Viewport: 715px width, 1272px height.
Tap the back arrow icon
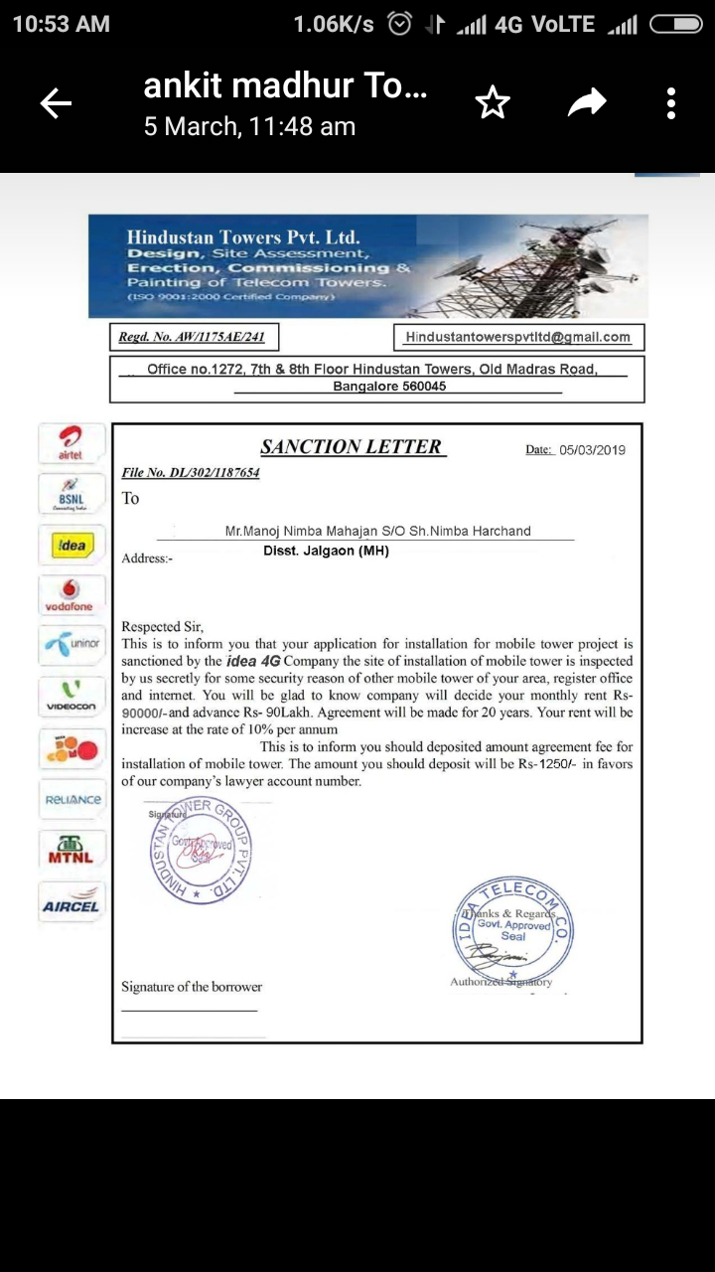click(56, 103)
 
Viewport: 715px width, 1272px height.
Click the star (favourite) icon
click(493, 103)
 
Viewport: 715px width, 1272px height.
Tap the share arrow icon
click(587, 102)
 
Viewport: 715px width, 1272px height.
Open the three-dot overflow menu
click(671, 103)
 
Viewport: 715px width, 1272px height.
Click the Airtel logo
click(71, 443)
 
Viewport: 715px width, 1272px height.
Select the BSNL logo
click(71, 494)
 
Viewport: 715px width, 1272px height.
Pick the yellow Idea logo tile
click(71, 546)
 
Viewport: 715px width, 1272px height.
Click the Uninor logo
click(71, 645)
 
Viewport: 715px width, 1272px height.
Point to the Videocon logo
click(71, 696)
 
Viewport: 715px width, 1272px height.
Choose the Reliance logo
click(71, 799)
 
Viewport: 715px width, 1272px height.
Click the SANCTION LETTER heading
click(352, 447)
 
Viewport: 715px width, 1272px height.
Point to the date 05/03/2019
click(593, 450)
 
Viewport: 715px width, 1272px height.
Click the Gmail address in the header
click(517, 338)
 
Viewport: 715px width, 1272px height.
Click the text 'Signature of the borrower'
click(192, 987)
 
